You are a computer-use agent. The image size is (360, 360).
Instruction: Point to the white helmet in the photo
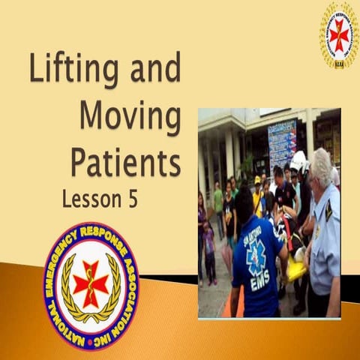click(x=298, y=160)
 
